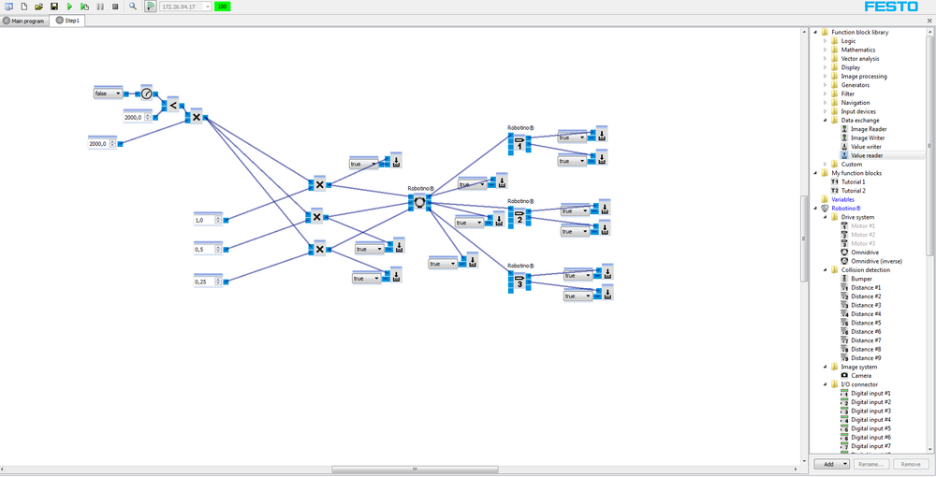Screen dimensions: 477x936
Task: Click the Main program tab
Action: (x=25, y=21)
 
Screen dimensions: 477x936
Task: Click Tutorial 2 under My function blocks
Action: (x=852, y=191)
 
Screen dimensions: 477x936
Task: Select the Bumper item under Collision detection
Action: (x=861, y=279)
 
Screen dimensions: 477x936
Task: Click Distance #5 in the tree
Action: (x=865, y=323)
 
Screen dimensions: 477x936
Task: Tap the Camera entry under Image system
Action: (x=861, y=376)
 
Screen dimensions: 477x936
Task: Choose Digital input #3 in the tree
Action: (x=870, y=412)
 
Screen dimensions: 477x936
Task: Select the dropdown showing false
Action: (x=107, y=94)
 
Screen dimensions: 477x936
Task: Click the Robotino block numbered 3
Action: (x=519, y=282)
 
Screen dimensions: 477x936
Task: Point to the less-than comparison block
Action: (x=172, y=105)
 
